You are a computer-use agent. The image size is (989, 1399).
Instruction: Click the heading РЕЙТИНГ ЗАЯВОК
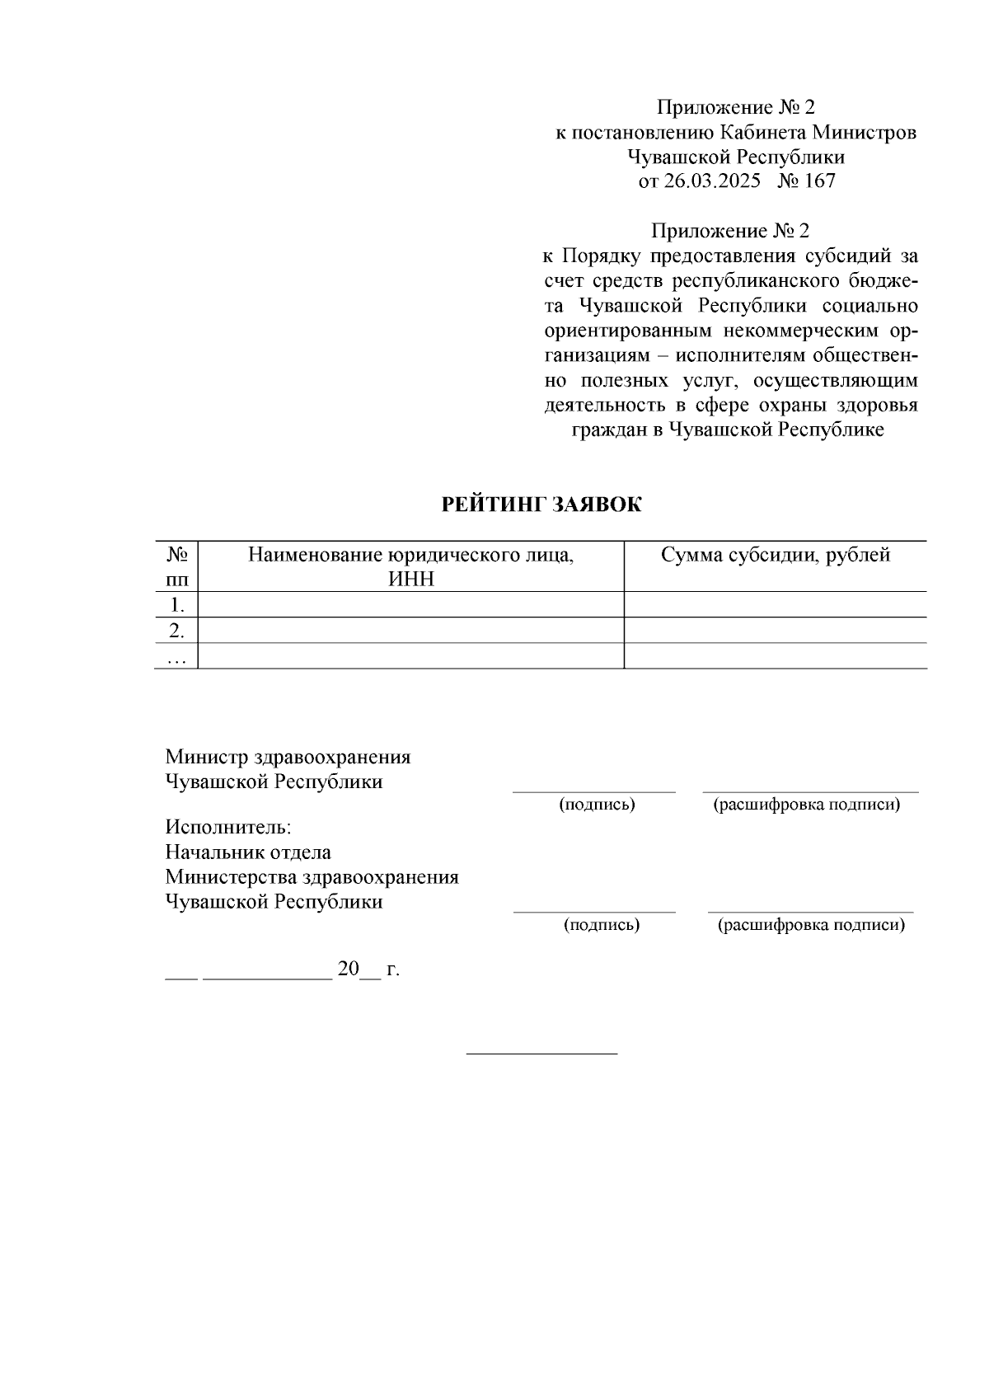pos(541,505)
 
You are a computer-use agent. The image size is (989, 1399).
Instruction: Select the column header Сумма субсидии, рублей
pos(775,555)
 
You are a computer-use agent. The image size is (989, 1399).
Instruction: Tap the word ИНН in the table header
pos(410,580)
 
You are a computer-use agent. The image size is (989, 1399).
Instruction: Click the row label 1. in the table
pos(176,605)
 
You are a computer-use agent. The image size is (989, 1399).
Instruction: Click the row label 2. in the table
pos(176,631)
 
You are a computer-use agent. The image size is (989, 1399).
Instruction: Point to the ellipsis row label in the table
pos(176,657)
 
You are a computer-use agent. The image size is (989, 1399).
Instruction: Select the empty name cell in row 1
pos(410,605)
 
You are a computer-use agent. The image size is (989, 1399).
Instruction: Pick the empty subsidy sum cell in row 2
pos(775,631)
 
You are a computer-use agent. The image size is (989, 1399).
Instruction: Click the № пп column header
pos(176,566)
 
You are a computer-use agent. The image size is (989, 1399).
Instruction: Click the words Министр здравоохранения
pos(288,757)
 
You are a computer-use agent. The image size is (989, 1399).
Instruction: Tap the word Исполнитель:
pos(228,827)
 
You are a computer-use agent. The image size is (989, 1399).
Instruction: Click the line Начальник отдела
pos(248,852)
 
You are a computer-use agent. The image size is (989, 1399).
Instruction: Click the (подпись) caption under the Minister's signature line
pos(597,805)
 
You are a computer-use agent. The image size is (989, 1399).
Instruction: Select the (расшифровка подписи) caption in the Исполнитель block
pos(811,925)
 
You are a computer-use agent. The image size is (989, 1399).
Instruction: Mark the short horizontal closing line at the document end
pos(541,1054)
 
